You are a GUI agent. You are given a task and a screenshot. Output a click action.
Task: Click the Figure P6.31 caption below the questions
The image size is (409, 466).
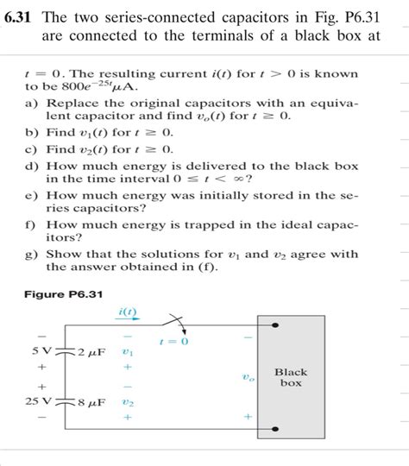pyautogui.click(x=61, y=294)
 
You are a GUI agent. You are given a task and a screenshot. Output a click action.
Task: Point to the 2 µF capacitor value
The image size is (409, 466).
pyautogui.click(x=91, y=353)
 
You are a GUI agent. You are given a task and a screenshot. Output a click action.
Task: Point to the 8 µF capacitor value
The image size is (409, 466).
pyautogui.click(x=91, y=402)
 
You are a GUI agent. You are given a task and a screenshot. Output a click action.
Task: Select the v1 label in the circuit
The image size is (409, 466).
pyautogui.click(x=129, y=352)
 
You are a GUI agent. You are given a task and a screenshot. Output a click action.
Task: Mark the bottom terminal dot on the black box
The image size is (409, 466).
pyautogui.click(x=275, y=428)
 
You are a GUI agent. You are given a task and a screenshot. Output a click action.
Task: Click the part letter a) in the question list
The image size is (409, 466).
pyautogui.click(x=31, y=101)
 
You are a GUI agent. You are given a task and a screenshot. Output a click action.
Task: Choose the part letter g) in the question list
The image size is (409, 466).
pyautogui.click(x=31, y=254)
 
